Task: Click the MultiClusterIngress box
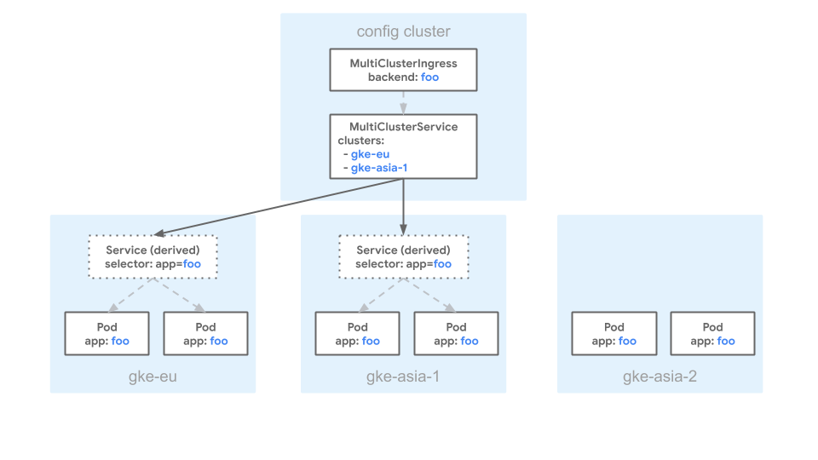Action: coord(403,70)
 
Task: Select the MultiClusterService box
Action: coord(403,147)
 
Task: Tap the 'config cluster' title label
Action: coord(403,32)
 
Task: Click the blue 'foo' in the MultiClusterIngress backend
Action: coord(430,78)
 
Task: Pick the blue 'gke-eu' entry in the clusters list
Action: coord(370,154)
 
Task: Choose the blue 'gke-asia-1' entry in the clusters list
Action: coord(379,168)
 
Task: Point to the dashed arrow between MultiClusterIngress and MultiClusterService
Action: coord(403,102)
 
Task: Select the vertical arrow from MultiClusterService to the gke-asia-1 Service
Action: coord(403,204)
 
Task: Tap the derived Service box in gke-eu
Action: coord(153,256)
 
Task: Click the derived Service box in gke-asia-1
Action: coord(403,256)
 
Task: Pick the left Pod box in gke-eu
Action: coord(107,333)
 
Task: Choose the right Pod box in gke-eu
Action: coord(205,333)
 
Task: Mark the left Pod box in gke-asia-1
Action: coord(358,333)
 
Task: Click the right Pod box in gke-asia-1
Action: coord(456,333)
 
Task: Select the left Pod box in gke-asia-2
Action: coord(614,333)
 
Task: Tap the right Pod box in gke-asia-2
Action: coord(712,333)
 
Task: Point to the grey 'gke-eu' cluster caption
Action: coord(153,376)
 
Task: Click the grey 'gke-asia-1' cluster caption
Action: coord(403,376)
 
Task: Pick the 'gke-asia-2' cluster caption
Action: coord(660,376)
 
